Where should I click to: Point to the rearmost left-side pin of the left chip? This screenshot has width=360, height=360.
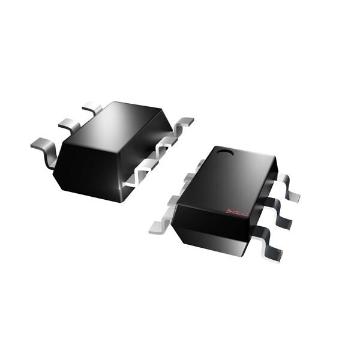click(x=92, y=109)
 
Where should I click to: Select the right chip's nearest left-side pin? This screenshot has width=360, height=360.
click(x=160, y=226)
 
